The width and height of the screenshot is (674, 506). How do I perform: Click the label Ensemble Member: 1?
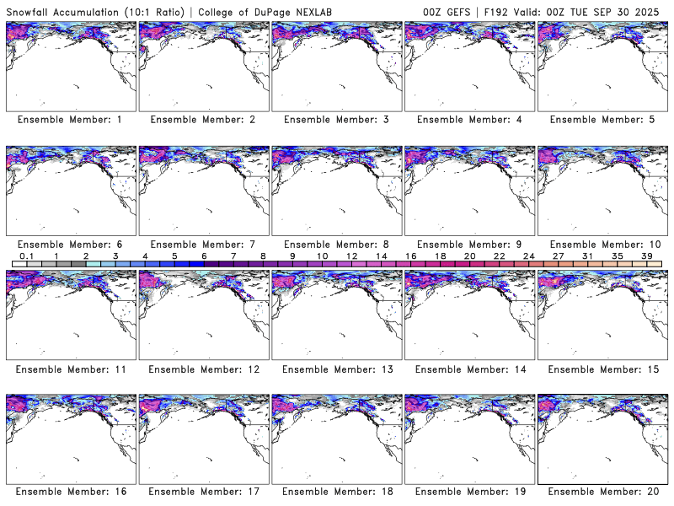[69, 120]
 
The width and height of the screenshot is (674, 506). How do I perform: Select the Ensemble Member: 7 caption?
[202, 245]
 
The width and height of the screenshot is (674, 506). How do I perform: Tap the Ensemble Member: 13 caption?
[335, 369]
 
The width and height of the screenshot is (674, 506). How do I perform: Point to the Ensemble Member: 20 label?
[602, 492]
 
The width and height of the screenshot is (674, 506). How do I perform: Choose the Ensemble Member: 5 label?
[602, 120]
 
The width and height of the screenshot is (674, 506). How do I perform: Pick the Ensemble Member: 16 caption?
[69, 492]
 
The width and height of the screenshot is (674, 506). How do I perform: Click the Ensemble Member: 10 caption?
[602, 245]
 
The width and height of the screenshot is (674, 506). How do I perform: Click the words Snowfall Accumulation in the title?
[62, 11]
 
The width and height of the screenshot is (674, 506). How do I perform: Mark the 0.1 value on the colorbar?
[26, 256]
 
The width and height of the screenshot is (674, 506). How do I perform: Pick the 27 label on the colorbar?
[558, 256]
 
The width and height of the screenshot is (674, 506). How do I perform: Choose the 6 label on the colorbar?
[203, 256]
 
